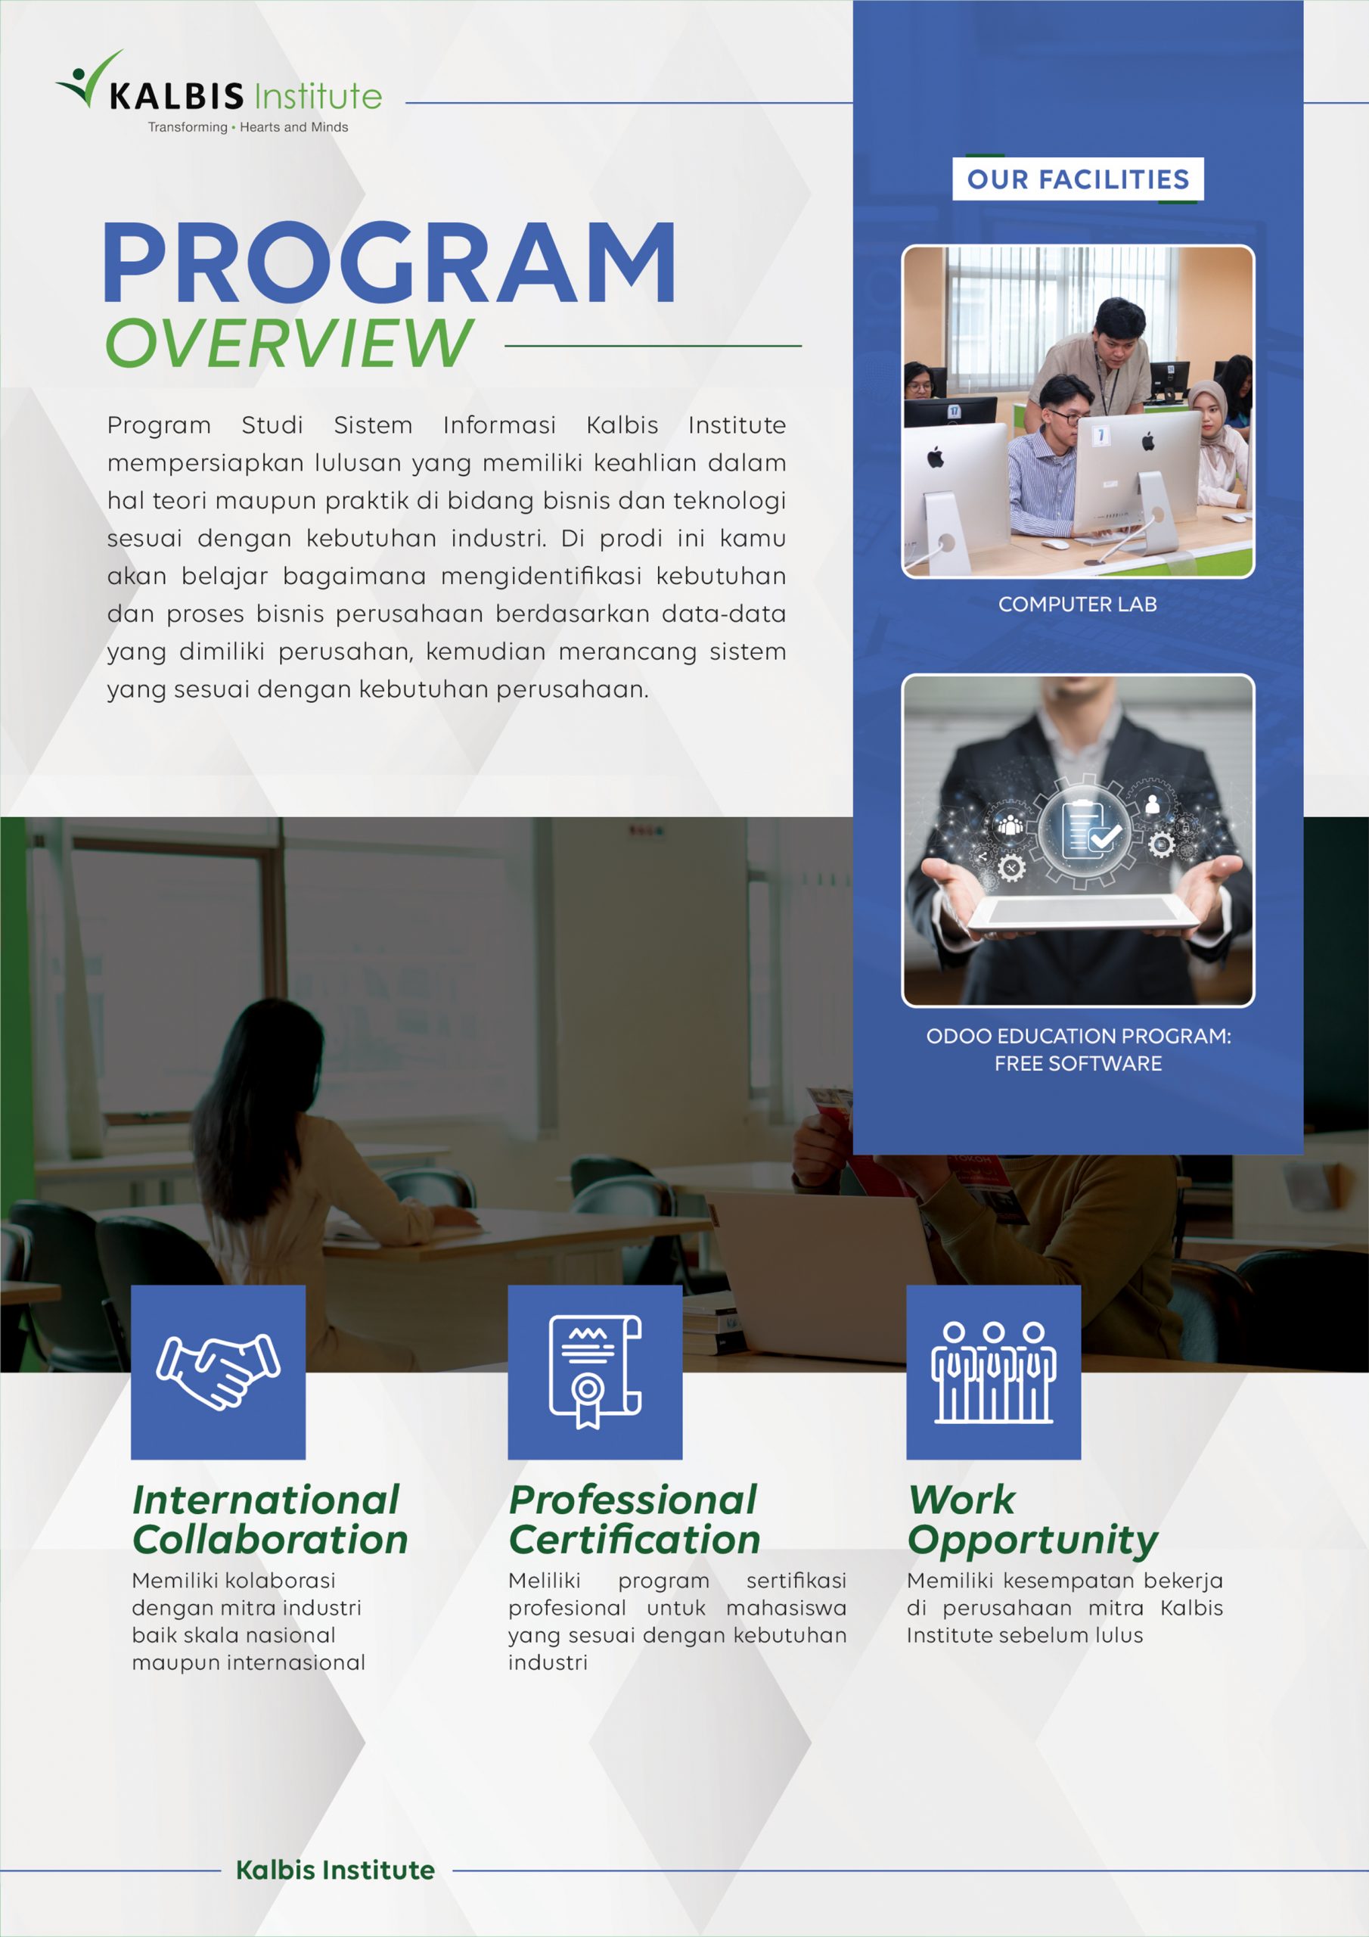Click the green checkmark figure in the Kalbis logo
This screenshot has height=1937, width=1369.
(x=88, y=79)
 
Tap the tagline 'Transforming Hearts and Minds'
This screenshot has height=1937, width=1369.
(x=247, y=127)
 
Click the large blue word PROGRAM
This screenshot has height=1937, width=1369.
(x=389, y=263)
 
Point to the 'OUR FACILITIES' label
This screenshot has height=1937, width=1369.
(x=1077, y=179)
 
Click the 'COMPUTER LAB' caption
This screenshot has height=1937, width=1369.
(x=1077, y=604)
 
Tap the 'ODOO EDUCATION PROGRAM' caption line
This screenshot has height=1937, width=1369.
(x=1078, y=1036)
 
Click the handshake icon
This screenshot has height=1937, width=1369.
(x=219, y=1372)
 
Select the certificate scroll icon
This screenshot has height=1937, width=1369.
(x=594, y=1372)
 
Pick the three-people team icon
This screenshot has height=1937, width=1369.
(x=993, y=1372)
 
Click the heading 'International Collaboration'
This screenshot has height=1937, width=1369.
(x=269, y=1519)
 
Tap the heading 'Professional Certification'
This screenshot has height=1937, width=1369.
(x=635, y=1519)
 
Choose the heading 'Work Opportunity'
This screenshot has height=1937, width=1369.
(x=1032, y=1519)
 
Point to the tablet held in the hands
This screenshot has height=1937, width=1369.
(x=1084, y=915)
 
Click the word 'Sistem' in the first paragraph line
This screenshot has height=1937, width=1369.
(x=373, y=425)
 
